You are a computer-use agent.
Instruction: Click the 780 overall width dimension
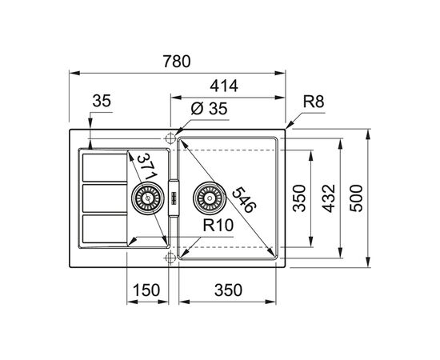[x=177, y=62]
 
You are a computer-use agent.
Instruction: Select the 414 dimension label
[x=224, y=86]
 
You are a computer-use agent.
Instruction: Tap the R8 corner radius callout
[x=314, y=102]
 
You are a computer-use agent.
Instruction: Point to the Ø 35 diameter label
[x=209, y=109]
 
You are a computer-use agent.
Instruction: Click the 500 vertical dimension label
[x=356, y=198]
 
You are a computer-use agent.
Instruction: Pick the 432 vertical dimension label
[x=329, y=198]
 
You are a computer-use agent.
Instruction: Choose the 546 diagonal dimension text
[x=244, y=200]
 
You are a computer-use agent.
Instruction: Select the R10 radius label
[x=218, y=225]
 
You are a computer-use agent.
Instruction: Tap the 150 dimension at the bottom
[x=146, y=290]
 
